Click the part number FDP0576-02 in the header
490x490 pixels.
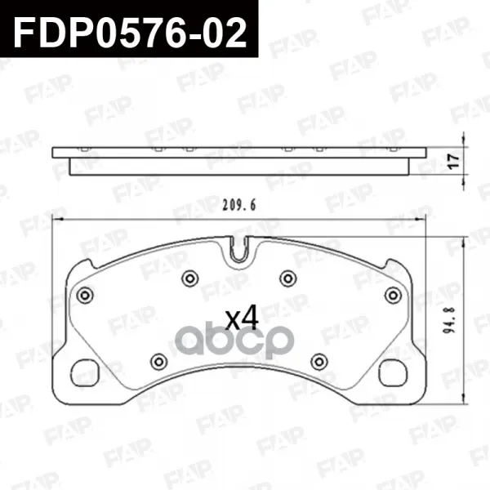point(130,33)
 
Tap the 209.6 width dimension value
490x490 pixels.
point(239,205)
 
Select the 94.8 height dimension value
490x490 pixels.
point(449,319)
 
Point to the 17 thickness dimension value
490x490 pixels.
point(454,161)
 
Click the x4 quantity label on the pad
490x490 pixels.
point(243,318)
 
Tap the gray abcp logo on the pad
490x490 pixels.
point(234,341)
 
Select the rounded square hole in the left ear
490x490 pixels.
point(85,373)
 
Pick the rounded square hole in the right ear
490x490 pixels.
point(394,372)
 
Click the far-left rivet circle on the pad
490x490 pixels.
point(85,295)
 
